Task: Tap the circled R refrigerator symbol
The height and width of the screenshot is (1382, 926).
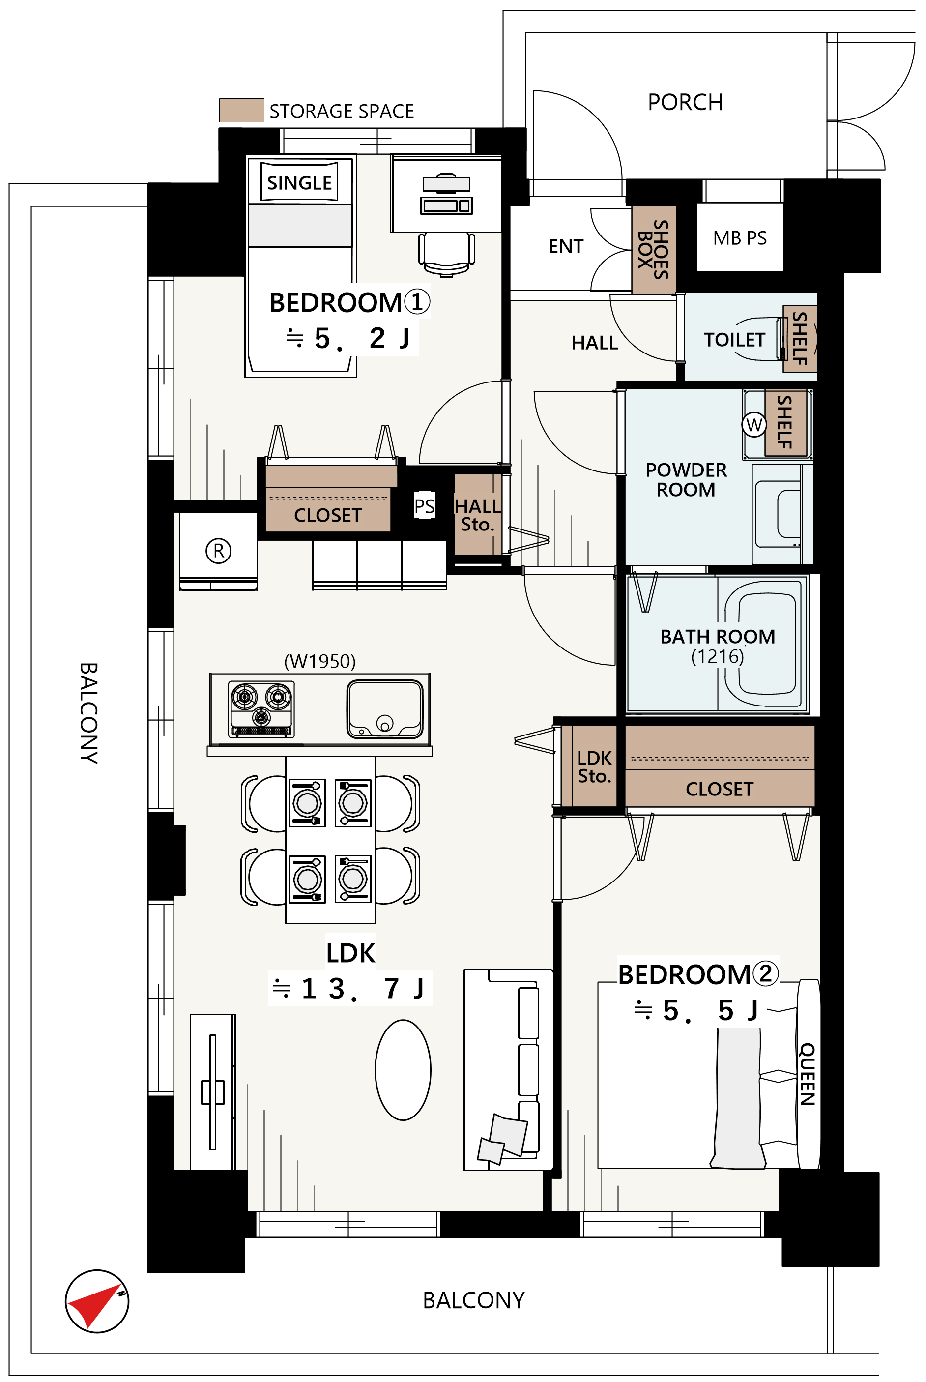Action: [219, 551]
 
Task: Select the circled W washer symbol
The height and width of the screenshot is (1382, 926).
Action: [754, 425]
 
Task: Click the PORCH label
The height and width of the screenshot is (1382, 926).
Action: [685, 102]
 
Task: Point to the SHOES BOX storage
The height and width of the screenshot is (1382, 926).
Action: [654, 250]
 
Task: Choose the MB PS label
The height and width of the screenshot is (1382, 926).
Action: [740, 238]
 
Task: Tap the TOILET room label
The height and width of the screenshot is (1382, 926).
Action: [734, 340]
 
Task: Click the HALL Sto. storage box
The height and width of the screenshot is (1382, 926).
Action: [478, 514]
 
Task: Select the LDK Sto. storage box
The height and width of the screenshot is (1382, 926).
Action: [594, 766]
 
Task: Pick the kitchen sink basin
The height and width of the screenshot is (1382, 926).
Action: [385, 709]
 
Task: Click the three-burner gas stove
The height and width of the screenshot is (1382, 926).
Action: [260, 709]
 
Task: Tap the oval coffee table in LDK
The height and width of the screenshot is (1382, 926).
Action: [403, 1070]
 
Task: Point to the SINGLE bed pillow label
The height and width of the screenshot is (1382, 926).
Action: [299, 182]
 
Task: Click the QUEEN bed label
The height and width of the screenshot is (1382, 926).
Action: [807, 1074]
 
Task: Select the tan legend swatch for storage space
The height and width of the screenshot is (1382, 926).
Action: [241, 111]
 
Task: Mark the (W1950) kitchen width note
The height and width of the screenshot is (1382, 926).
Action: [320, 661]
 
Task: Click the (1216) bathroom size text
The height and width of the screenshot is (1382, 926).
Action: [718, 656]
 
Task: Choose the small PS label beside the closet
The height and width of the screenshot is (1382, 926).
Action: [424, 506]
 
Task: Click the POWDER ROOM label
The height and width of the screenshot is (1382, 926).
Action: [686, 479]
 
